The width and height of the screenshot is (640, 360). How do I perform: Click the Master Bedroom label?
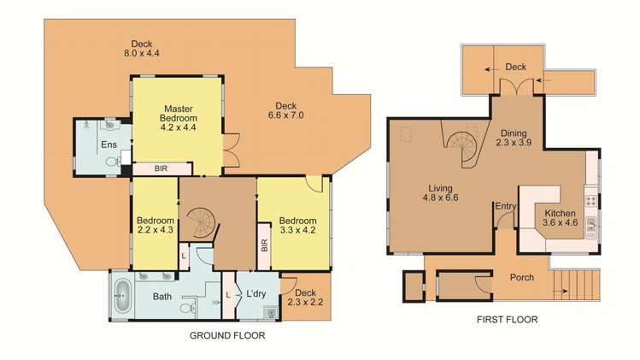click(179, 117)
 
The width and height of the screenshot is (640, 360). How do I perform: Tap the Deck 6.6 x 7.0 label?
click(285, 109)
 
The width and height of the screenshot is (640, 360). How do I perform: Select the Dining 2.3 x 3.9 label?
click(514, 138)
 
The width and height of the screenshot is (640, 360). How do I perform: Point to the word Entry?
click(504, 204)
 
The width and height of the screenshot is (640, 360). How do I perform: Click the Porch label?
click(522, 277)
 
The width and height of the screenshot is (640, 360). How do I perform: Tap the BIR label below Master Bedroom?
click(161, 169)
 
